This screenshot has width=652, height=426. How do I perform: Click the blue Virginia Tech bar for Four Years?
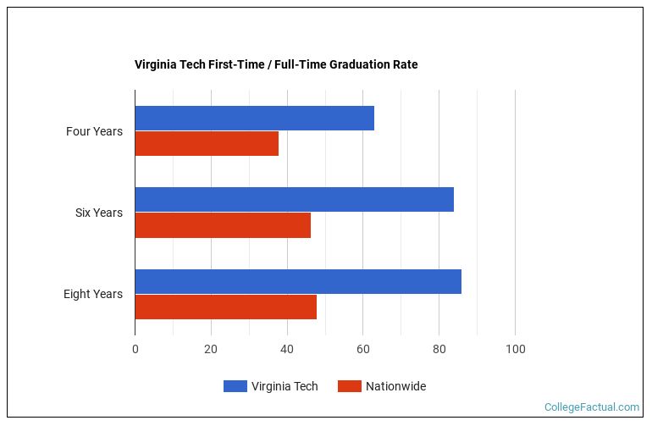click(x=254, y=119)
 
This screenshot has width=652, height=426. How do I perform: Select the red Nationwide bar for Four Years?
click(x=207, y=144)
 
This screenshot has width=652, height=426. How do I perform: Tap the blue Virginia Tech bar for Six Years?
click(x=294, y=200)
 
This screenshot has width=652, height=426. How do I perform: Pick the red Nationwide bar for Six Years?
click(x=223, y=225)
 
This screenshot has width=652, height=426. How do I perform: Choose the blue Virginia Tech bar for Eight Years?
click(x=298, y=281)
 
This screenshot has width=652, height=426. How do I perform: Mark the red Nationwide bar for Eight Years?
click(x=225, y=307)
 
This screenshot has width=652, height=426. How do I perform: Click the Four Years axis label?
click(x=94, y=131)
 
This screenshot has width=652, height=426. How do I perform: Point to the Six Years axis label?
click(x=98, y=213)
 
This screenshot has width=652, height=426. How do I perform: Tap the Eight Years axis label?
click(x=92, y=294)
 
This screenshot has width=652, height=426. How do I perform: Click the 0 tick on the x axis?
click(x=135, y=349)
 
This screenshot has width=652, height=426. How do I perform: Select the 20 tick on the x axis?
click(x=211, y=349)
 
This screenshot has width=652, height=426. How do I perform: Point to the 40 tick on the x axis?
click(x=287, y=349)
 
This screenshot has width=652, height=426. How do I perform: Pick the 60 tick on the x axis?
click(x=362, y=349)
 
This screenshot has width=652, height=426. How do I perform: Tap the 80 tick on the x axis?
click(x=439, y=349)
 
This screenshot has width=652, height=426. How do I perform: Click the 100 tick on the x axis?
click(x=515, y=349)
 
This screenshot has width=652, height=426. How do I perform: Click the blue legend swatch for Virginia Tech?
click(x=235, y=386)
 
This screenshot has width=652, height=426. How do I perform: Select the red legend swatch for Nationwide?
click(x=349, y=386)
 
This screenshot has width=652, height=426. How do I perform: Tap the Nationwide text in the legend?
click(x=395, y=386)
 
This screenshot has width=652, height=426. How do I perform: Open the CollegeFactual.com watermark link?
click(x=591, y=407)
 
